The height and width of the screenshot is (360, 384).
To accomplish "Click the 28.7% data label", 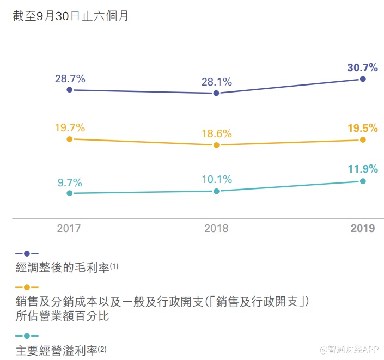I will point(70,78).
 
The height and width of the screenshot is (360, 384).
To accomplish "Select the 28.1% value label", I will point(216,82).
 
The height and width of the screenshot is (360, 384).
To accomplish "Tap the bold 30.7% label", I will point(362,68).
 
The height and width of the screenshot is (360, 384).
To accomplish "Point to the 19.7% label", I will point(70,128).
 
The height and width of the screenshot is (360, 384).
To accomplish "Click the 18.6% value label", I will point(216,133).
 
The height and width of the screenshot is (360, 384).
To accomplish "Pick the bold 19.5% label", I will point(362,128).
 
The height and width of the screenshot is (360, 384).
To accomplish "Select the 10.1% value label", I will point(216,179).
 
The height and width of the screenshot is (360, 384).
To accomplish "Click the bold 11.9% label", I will point(362,169).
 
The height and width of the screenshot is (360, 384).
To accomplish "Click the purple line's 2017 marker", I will point(69,90).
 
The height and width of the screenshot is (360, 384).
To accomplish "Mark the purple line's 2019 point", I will point(363,80).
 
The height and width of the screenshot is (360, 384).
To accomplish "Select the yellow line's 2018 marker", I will point(216,145).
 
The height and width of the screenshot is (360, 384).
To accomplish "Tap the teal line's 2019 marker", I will point(363,181).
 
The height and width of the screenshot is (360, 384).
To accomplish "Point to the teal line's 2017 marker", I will point(69,193).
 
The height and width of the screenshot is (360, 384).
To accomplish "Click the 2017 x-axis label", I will point(69,228).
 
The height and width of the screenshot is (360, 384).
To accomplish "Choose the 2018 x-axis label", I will point(216,228).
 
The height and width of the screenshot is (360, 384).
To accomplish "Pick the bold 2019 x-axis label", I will point(363,228).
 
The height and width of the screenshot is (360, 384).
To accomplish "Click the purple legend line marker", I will point(27,254).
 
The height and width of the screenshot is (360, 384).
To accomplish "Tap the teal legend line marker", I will point(27,335).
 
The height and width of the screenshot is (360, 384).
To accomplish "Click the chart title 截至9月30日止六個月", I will point(71,16).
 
